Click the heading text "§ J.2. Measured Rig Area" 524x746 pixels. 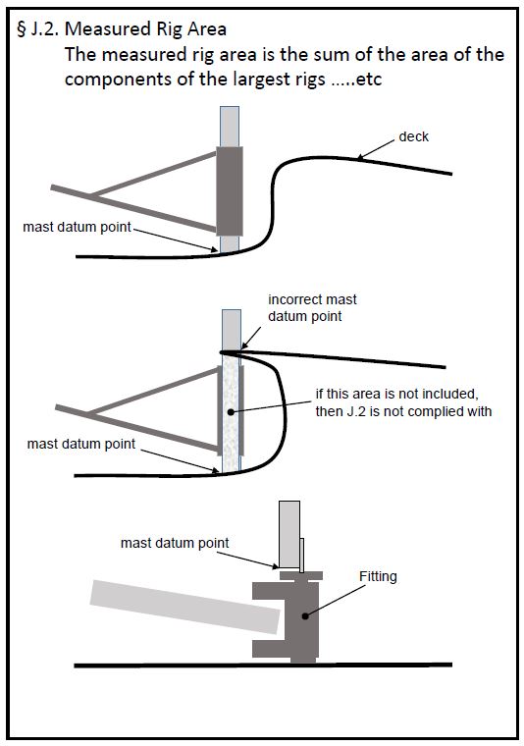pos(122,29)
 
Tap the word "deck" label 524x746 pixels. pos(414,137)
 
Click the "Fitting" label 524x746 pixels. pos(378,576)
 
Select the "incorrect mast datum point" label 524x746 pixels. pos(312,308)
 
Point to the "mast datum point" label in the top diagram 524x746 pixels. pos(78,227)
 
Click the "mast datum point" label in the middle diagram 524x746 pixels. pos(81,444)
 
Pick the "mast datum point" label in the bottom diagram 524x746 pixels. pos(175,543)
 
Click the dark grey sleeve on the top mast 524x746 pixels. pos(230,191)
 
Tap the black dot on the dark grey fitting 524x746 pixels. pos(305,616)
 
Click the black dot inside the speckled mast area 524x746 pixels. pos(231,412)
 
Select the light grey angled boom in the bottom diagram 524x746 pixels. pos(184,607)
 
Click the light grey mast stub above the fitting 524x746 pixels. pos(289,534)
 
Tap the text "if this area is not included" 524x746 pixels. pos(397,395)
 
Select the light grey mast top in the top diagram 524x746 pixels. pos(230,127)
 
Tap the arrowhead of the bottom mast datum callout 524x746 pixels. pos(275,566)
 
